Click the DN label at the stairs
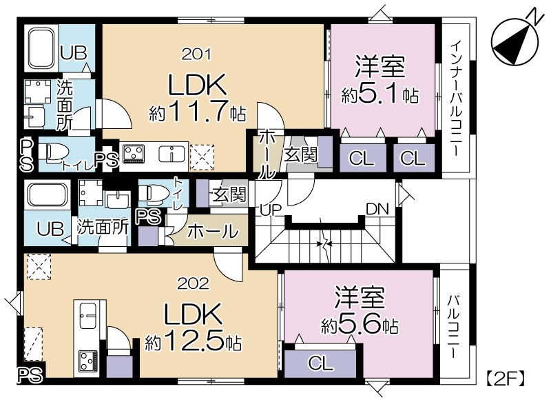click(377, 209)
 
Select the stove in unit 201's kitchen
click(134, 154)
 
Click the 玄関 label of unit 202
click(229, 194)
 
